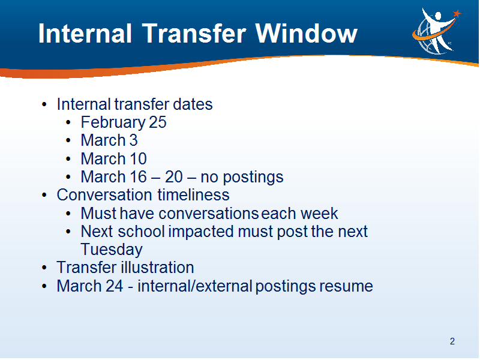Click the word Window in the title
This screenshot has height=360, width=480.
(307, 33)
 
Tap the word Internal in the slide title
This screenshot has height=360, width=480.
(85, 33)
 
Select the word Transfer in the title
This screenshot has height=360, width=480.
(194, 33)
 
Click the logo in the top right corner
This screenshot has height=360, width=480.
(436, 31)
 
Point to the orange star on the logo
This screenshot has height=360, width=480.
(457, 13)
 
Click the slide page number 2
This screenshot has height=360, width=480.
(452, 341)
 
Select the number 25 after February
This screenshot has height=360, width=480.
(158, 122)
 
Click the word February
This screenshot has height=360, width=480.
(113, 123)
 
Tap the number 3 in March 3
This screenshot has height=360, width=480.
(133, 140)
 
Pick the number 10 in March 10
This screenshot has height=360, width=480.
(138, 158)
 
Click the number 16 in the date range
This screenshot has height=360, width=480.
(139, 176)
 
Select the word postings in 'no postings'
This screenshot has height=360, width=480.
(253, 178)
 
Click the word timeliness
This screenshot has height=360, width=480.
(193, 195)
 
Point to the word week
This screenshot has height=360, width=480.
(319, 213)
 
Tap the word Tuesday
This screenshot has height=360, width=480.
(112, 250)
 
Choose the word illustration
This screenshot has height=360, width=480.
(158, 267)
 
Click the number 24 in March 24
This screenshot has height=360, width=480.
(114, 286)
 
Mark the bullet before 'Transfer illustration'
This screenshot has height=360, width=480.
(44, 268)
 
